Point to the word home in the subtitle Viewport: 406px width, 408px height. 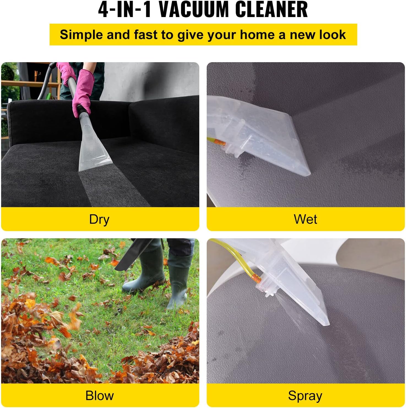coord(257,35)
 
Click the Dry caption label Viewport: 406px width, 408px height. coord(99,219)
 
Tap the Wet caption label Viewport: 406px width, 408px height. coord(305,219)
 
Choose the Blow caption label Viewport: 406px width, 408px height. coord(99,396)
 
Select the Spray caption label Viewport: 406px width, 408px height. coord(305,396)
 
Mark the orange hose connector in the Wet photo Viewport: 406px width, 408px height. coord(220,143)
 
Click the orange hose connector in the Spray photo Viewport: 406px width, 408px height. coord(257,278)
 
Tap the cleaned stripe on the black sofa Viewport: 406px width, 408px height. coord(110,187)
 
